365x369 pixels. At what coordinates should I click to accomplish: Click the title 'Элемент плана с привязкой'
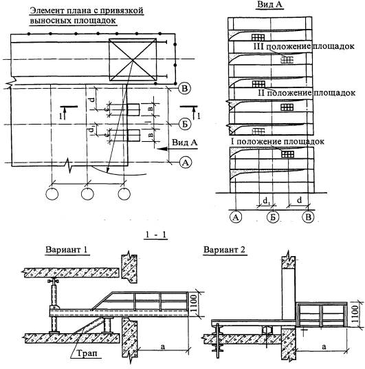click(x=87, y=11)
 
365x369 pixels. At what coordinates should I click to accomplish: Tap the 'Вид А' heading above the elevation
click(x=269, y=4)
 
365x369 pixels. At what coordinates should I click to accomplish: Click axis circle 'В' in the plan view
click(x=185, y=89)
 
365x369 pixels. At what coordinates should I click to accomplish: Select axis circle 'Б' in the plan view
click(x=185, y=124)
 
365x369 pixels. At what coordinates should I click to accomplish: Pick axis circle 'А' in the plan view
click(x=186, y=162)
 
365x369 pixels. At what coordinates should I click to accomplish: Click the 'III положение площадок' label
click(x=304, y=46)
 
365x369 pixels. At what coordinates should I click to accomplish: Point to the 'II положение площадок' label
click(x=307, y=93)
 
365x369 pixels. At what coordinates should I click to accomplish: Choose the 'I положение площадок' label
click(x=277, y=141)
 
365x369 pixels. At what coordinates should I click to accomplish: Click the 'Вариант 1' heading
click(x=66, y=250)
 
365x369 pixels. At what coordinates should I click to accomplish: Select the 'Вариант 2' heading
click(x=224, y=250)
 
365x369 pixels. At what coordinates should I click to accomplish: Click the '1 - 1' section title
click(x=155, y=235)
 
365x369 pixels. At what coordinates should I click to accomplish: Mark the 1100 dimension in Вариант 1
click(x=193, y=304)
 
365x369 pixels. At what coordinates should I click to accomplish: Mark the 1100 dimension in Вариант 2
click(x=355, y=314)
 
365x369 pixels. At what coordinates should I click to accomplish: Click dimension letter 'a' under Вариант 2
click(x=324, y=346)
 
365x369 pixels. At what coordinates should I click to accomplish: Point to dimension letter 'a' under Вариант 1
click(x=163, y=346)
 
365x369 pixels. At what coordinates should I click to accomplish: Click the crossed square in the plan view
click(x=133, y=60)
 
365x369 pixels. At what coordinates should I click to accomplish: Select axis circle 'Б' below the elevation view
click(x=273, y=217)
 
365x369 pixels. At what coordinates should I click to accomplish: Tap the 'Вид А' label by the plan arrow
click(x=185, y=142)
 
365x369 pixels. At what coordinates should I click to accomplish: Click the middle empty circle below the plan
click(x=87, y=194)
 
